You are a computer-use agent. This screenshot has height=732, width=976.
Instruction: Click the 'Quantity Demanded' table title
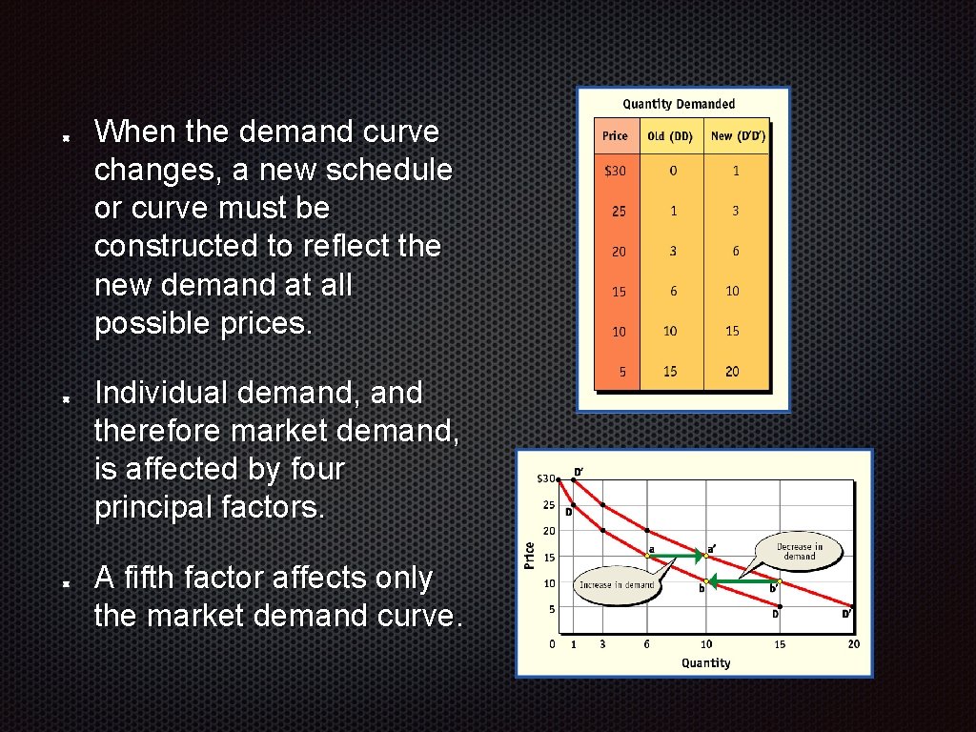pyautogui.click(x=679, y=104)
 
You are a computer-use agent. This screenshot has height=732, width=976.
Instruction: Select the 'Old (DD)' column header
pyautogui.click(x=670, y=136)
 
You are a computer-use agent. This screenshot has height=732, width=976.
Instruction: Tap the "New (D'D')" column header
pyautogui.click(x=738, y=136)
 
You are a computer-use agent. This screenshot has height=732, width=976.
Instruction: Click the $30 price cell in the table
pyautogui.click(x=616, y=171)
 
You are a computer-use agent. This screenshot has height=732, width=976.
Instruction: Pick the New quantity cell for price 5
pyautogui.click(x=732, y=372)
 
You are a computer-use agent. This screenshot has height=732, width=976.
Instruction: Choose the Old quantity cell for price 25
pyautogui.click(x=673, y=211)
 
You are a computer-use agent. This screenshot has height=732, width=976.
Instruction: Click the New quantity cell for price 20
pyautogui.click(x=734, y=251)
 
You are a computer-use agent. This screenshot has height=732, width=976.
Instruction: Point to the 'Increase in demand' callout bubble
pyautogui.click(x=617, y=584)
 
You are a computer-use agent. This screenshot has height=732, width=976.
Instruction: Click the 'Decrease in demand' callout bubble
pyautogui.click(x=799, y=551)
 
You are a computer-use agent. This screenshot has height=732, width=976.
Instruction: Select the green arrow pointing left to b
pyautogui.click(x=742, y=580)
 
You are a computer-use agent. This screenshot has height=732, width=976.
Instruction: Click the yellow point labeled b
pyautogui.click(x=706, y=580)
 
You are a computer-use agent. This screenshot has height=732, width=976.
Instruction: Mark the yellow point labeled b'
pyautogui.click(x=780, y=580)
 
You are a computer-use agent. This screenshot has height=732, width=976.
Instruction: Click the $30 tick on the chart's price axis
pyautogui.click(x=547, y=478)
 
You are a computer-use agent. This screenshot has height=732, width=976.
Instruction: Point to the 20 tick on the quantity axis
pyautogui.click(x=853, y=644)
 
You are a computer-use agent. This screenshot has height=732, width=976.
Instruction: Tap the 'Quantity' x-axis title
pyautogui.click(x=705, y=662)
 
